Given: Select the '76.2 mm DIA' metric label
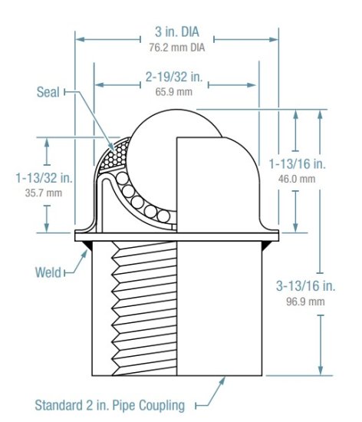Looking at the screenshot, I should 176,48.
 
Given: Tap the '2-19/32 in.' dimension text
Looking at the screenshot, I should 176,77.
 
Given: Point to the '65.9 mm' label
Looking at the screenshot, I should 176,91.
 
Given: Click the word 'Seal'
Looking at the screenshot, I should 49,91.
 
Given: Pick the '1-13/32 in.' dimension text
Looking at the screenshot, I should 44,178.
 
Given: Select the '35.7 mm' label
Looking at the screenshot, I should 44,193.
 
